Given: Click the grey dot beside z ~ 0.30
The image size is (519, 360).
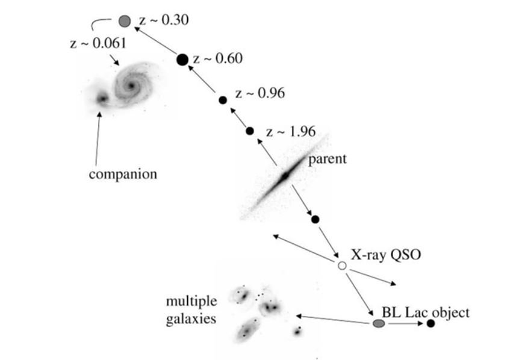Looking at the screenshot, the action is [x=125, y=21].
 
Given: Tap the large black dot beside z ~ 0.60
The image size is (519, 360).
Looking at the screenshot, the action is [x=182, y=60].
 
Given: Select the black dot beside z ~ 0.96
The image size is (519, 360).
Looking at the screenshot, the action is [x=223, y=100].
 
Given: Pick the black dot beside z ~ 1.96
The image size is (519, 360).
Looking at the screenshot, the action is [x=250, y=131].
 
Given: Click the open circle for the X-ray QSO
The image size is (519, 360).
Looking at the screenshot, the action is [x=342, y=265].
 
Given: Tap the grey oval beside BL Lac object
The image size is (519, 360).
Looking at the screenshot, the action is [x=379, y=323].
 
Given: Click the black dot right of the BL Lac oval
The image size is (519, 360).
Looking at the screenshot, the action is [x=430, y=323].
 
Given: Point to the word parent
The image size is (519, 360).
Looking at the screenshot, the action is [x=328, y=160].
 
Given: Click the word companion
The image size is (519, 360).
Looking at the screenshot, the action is [x=123, y=175].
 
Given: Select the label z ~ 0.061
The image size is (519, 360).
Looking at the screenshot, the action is [x=98, y=43].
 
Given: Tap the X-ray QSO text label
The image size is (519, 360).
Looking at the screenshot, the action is [x=386, y=255].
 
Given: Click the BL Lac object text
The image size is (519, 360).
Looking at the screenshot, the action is [x=426, y=312].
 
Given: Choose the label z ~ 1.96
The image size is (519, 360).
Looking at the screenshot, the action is [x=291, y=132].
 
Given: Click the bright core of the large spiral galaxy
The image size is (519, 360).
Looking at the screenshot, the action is [x=131, y=86].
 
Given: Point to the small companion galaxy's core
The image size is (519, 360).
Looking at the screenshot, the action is [x=102, y=99].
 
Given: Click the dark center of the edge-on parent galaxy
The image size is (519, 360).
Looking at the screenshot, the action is [x=285, y=176].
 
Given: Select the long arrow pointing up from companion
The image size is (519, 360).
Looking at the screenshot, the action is [x=98, y=138].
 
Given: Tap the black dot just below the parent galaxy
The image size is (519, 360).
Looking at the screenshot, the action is [x=315, y=219].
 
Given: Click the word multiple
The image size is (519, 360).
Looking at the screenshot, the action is [x=191, y=302].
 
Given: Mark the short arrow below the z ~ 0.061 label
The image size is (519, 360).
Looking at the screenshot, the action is [x=114, y=60].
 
